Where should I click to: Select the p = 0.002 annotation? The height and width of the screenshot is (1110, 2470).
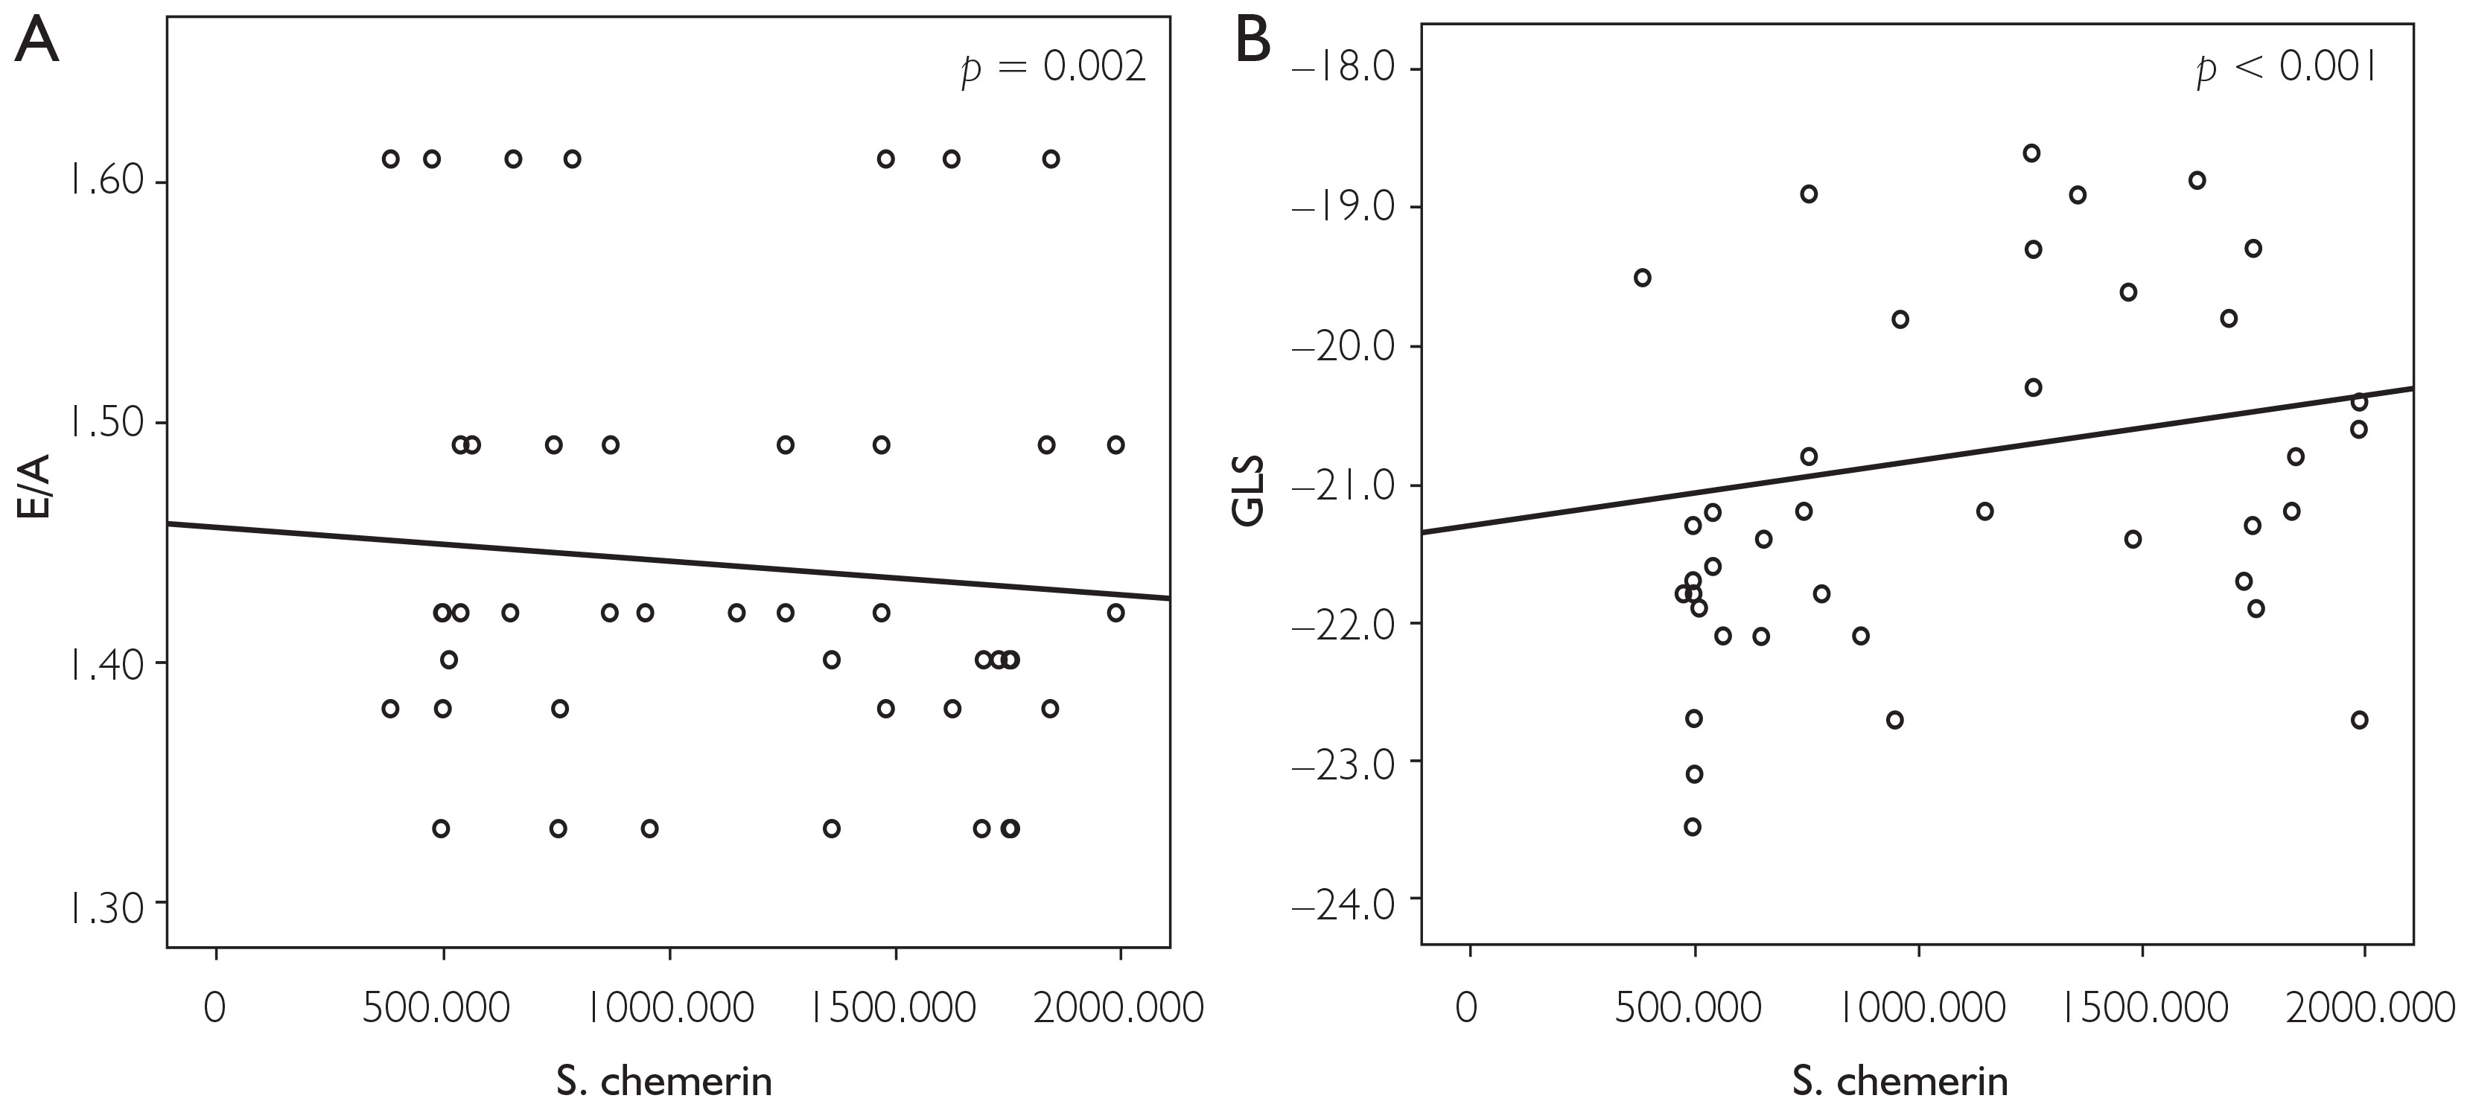coord(1054,70)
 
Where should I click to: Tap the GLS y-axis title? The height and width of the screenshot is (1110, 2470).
coord(1249,492)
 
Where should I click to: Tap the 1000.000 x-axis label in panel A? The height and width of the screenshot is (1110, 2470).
coord(670,1009)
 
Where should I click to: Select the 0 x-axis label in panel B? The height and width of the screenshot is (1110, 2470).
coord(1467,1009)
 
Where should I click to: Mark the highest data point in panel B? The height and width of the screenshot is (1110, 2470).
coord(2031,153)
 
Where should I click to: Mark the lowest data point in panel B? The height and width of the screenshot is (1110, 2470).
coord(1693,827)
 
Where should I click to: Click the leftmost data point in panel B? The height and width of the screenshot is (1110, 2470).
coord(1643,278)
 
